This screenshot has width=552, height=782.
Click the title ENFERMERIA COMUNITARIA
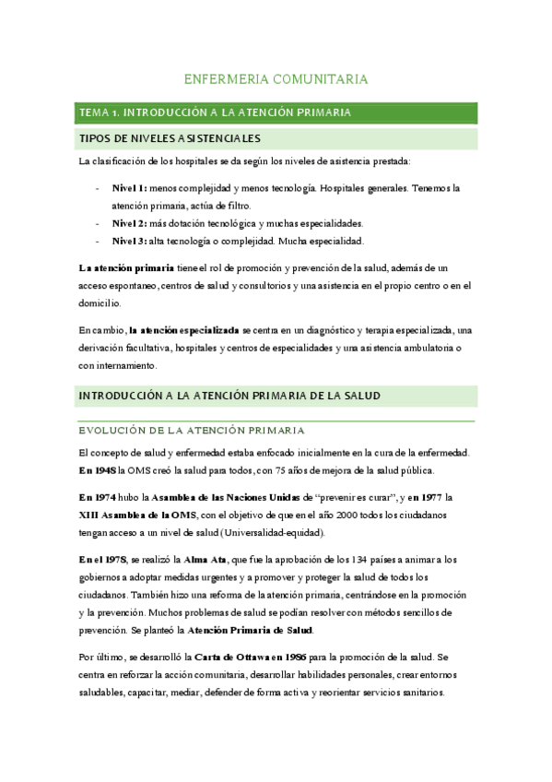pos(276,80)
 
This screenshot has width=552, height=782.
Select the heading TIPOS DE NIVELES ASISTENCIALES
pos(171,139)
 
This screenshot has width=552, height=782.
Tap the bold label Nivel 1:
pos(129,187)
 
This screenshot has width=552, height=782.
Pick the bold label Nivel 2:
pos(129,223)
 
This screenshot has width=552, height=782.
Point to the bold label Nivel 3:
pos(129,242)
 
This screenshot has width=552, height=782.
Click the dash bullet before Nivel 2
pos(99,223)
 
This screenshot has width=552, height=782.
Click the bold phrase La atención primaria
pos(126,267)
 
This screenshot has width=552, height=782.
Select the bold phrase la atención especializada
pos(184,329)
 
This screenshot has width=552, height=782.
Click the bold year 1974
pos(107,497)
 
